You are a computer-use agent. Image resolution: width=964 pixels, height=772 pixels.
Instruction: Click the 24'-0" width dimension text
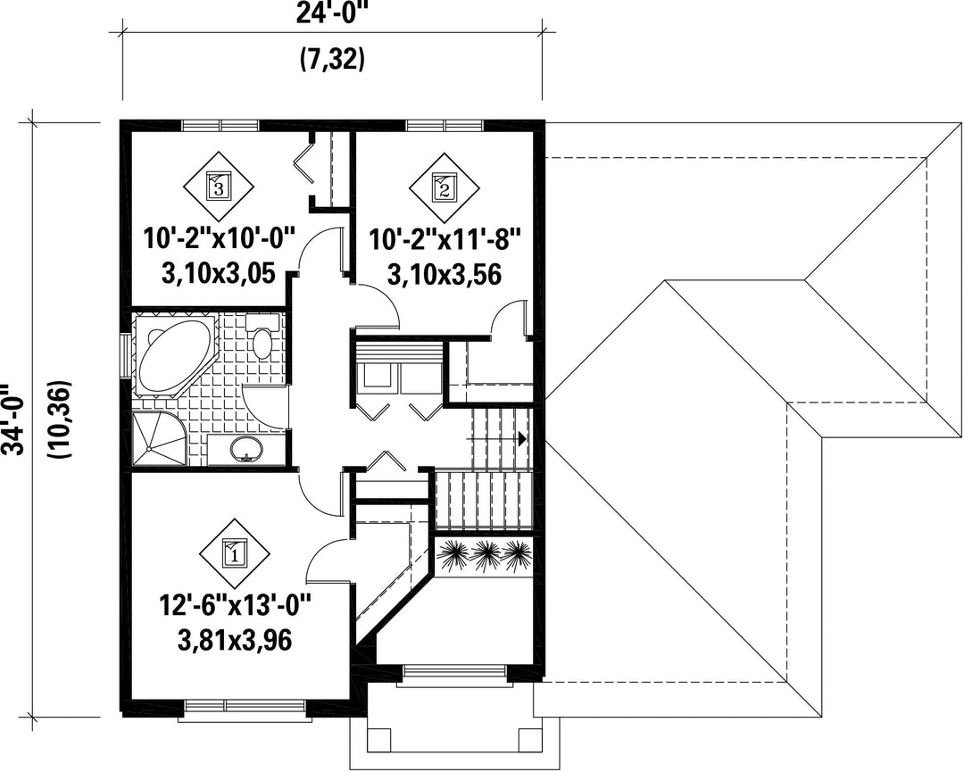point(331,12)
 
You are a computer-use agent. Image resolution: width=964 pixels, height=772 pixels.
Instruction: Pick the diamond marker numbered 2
point(445,187)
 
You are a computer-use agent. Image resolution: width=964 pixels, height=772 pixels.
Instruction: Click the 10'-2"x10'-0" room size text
point(220,238)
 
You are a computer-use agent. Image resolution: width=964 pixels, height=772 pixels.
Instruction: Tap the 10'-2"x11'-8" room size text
point(445,238)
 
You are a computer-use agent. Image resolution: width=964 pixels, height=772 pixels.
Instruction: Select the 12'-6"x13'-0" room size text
point(236,606)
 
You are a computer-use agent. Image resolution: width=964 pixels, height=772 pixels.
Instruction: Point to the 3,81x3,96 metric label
point(235,641)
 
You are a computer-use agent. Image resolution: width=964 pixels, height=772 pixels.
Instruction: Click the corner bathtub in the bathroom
point(173,355)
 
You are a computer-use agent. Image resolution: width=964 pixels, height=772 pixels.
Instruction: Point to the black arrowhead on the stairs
point(522,439)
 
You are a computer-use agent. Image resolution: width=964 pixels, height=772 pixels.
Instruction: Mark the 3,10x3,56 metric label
point(445,273)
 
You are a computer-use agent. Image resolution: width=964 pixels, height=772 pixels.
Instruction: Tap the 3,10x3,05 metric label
point(219,273)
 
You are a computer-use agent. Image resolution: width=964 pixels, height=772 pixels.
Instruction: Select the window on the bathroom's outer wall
point(126,355)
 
